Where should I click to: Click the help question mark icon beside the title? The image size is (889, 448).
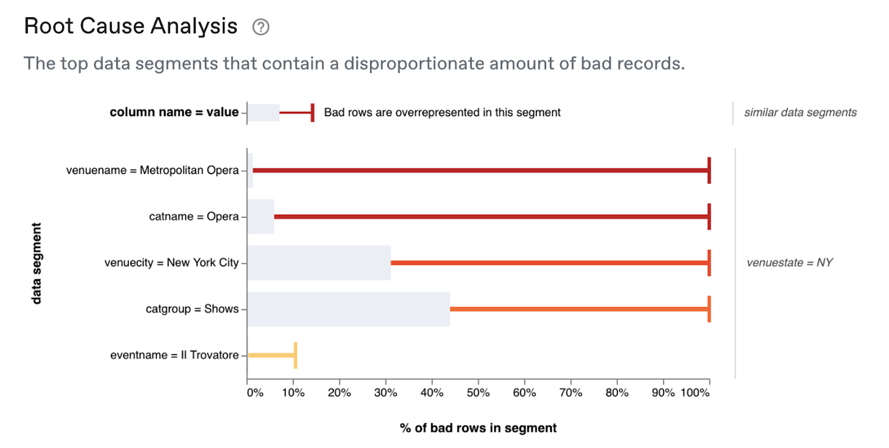tap(260, 27)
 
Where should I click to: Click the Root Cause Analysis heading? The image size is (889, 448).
tap(131, 27)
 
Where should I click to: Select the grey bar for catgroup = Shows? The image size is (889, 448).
tap(349, 309)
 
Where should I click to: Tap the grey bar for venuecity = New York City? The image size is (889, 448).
tap(319, 263)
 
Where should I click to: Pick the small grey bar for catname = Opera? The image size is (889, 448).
tap(260, 217)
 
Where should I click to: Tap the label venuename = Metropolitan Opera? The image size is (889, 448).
tap(152, 170)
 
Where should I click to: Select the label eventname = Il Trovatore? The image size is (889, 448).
tap(175, 355)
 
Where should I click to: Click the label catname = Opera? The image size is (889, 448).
tap(194, 217)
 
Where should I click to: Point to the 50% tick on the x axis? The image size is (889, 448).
tap(478, 393)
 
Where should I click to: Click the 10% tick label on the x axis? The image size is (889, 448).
tap(293, 393)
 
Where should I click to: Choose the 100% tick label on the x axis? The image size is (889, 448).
tap(695, 393)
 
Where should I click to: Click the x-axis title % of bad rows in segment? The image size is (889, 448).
tap(478, 428)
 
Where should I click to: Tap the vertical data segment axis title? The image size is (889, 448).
tap(37, 263)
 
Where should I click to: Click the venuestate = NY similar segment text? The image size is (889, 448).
tap(789, 262)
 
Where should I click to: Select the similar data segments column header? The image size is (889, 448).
tap(800, 112)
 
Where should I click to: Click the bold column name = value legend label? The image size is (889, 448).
tap(174, 112)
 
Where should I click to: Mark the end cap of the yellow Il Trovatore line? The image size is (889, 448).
tap(295, 355)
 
